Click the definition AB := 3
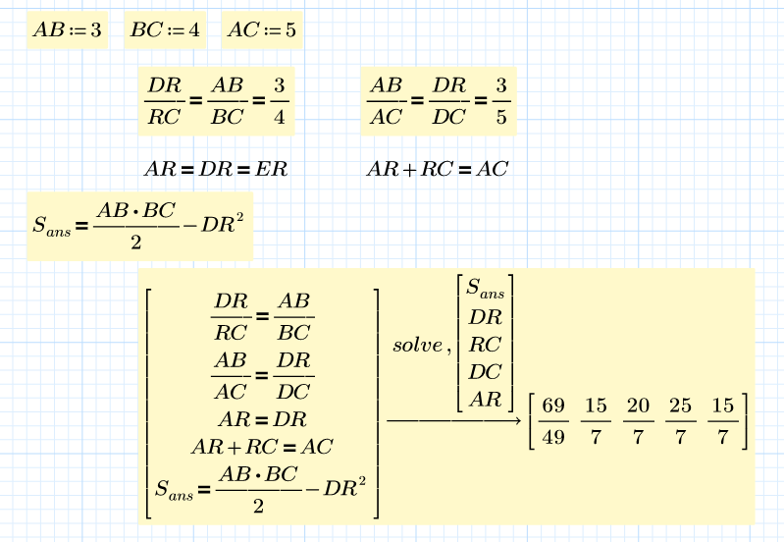pyautogui.click(x=67, y=30)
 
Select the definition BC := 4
pyautogui.click(x=165, y=30)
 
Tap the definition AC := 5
pyautogui.click(x=261, y=30)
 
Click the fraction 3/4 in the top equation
pyautogui.click(x=280, y=102)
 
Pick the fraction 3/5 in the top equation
pyautogui.click(x=501, y=102)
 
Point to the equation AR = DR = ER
pyautogui.click(x=216, y=169)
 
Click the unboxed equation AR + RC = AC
pyautogui.click(x=437, y=169)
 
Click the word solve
pyautogui.click(x=418, y=346)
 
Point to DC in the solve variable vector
pyautogui.click(x=485, y=372)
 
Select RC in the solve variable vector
pyautogui.click(x=485, y=345)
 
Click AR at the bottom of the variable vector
pyautogui.click(x=485, y=400)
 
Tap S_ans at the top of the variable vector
pyautogui.click(x=485, y=289)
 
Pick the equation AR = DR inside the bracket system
pyautogui.click(x=261, y=418)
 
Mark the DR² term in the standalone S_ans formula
pyautogui.click(x=222, y=224)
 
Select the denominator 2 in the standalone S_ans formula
pyautogui.click(x=134, y=242)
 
